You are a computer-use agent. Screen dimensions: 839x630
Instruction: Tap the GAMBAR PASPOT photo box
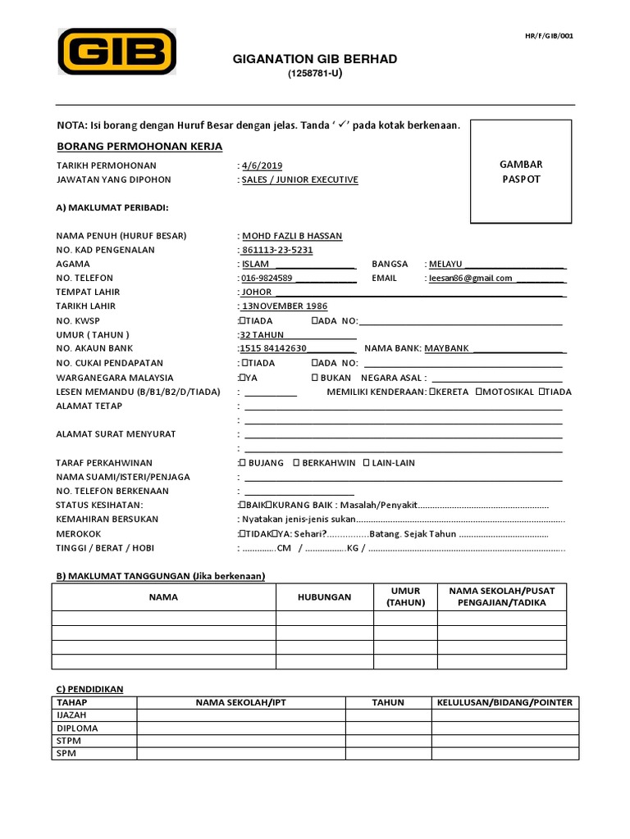click(x=521, y=171)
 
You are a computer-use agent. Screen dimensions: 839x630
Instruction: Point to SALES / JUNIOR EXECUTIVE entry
click(x=300, y=179)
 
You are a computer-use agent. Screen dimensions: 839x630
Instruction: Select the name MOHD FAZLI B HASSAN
click(x=292, y=236)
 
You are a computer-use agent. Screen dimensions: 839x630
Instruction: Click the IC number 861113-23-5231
click(x=277, y=250)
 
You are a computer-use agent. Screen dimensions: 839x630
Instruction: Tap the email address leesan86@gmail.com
click(x=471, y=278)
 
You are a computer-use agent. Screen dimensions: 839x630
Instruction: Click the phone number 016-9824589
click(x=267, y=278)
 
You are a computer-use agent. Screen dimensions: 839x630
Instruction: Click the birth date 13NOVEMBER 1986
click(x=283, y=306)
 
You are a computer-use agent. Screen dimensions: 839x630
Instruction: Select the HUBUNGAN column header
click(x=324, y=597)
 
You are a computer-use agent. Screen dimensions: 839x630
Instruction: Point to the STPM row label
click(x=69, y=741)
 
